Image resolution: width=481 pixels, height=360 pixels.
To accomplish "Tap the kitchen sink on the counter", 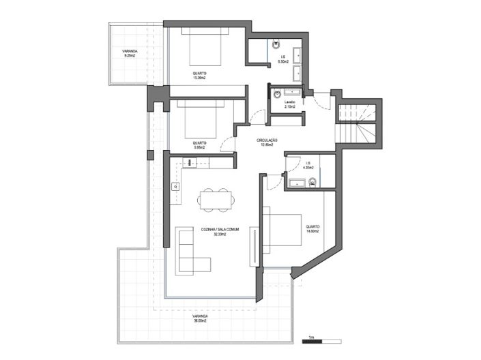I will tap(175, 185).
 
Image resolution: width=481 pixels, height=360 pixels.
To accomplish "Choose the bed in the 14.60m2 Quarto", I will tap(282, 230).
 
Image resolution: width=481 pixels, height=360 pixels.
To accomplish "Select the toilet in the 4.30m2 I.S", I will tap(312, 181).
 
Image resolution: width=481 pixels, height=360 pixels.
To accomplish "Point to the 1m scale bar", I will tap(322, 339).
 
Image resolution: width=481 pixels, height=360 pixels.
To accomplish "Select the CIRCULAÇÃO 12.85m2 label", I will tap(265, 142).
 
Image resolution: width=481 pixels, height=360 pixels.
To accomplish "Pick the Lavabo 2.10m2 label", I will tap(289, 104).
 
